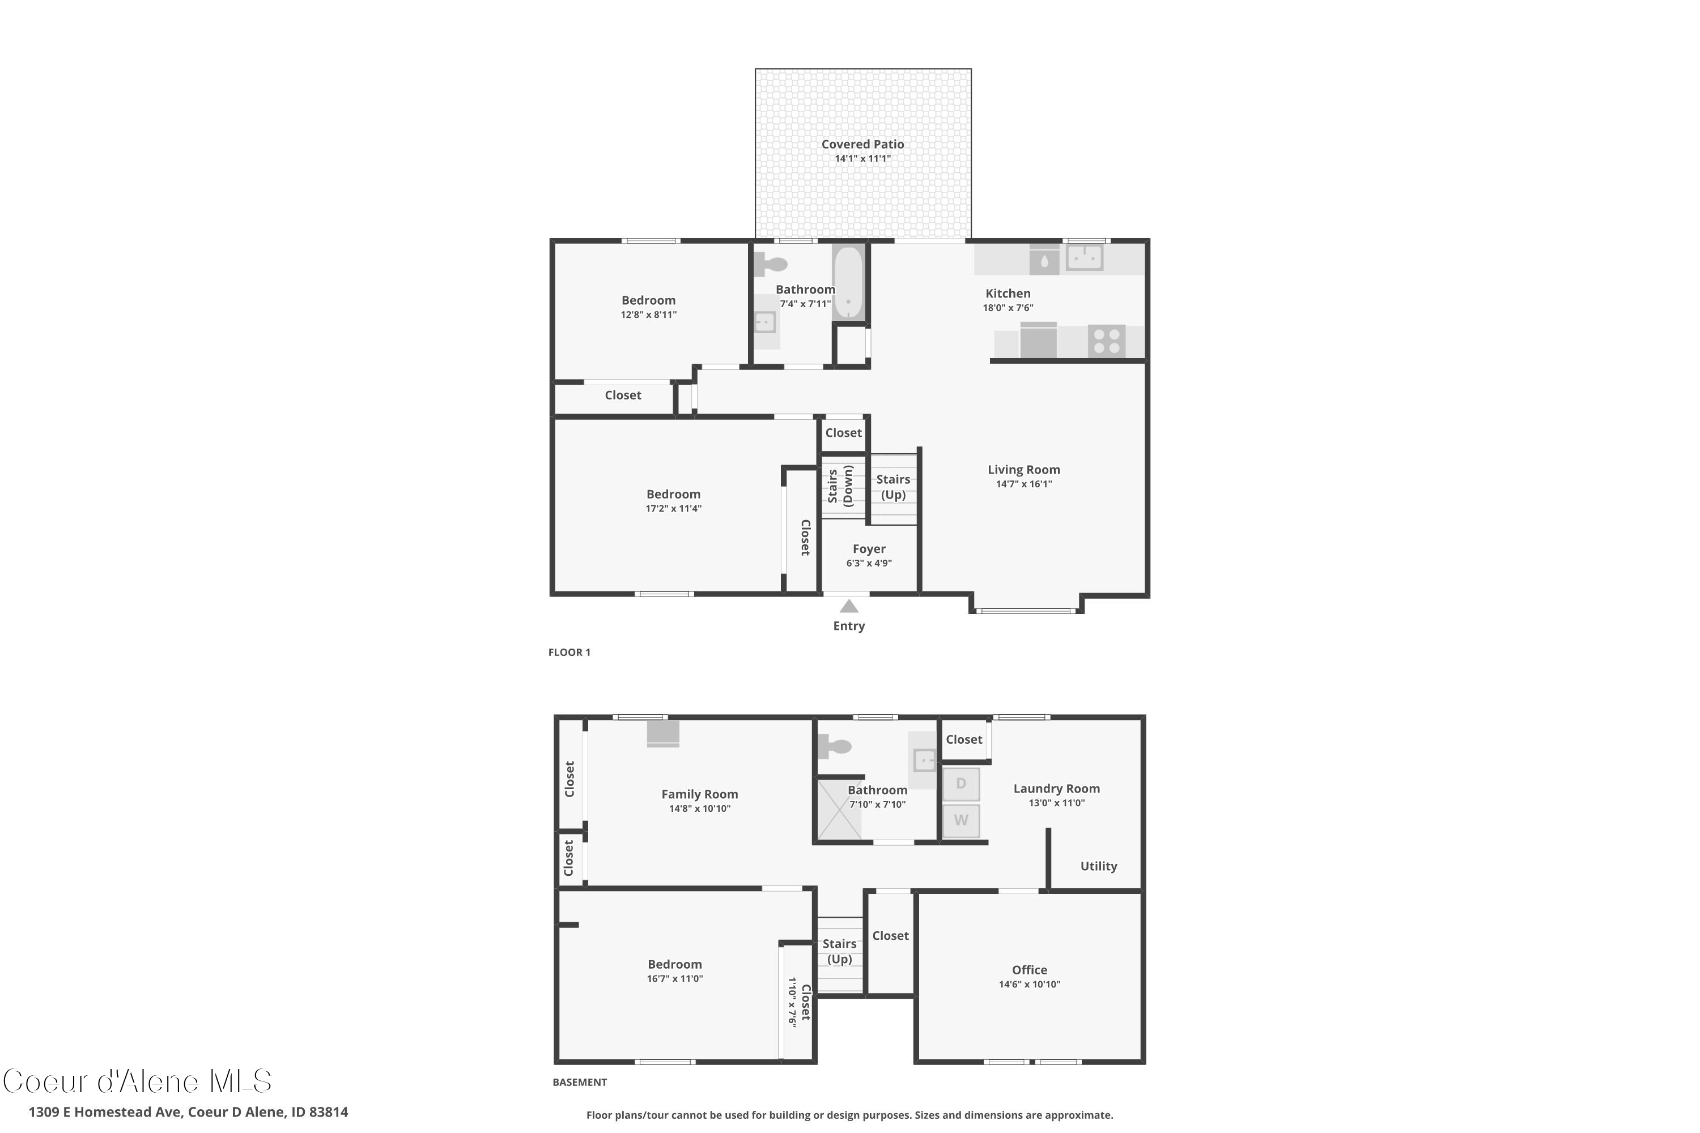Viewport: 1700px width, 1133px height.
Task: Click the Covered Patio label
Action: click(862, 144)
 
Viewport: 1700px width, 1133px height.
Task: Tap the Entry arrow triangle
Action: click(848, 607)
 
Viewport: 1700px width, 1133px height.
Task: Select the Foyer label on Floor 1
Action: click(869, 549)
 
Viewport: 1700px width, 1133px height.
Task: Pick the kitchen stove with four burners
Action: click(1107, 341)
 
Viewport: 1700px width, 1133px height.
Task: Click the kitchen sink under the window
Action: click(1084, 257)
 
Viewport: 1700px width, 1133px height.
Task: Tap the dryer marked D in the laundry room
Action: click(960, 784)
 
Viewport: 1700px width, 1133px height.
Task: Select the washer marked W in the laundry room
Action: click(960, 820)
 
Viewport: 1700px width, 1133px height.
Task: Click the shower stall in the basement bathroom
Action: click(839, 810)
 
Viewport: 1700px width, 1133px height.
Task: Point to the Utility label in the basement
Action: click(1098, 866)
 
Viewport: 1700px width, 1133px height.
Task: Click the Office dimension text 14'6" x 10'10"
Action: click(1029, 984)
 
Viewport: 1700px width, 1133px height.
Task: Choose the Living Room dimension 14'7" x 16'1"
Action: click(1023, 484)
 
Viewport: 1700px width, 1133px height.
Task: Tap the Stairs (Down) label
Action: click(840, 486)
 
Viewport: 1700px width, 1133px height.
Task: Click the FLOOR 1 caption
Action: click(569, 653)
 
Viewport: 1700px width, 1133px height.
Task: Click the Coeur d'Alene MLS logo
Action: click(137, 1081)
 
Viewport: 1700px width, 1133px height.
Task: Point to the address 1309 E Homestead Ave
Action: click(188, 1112)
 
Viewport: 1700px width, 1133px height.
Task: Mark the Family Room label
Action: click(699, 794)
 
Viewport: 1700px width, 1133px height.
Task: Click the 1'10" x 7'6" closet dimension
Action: click(792, 1002)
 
